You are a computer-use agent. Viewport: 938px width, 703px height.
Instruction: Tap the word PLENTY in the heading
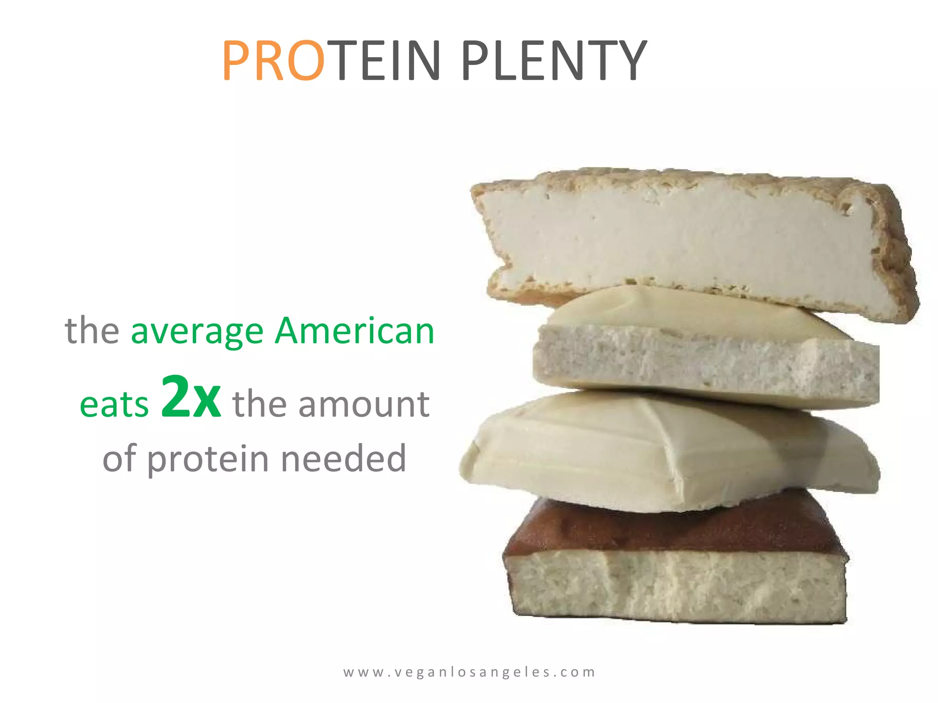tap(554, 61)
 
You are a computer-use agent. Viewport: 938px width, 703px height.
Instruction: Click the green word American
tap(354, 331)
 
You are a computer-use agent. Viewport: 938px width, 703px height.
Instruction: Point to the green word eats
tap(114, 405)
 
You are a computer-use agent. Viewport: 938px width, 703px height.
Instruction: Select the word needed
tap(344, 459)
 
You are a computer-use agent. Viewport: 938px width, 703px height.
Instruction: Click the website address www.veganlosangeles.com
tap(469, 672)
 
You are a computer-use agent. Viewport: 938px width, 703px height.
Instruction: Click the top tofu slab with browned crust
tap(687, 238)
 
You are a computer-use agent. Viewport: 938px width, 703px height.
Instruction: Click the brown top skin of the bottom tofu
tap(673, 526)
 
